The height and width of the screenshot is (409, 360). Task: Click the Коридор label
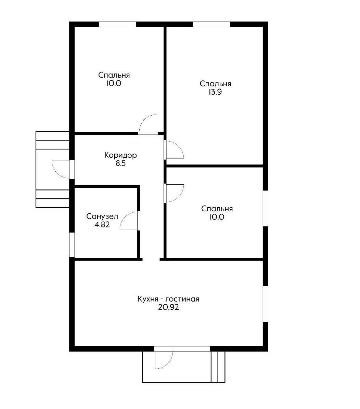pos(120,155)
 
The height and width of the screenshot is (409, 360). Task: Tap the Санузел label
pos(102,216)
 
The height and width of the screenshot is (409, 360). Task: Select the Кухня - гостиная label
pos(168,299)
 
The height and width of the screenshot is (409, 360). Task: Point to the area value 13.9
pos(215,92)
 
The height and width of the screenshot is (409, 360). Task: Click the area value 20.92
pos(168,307)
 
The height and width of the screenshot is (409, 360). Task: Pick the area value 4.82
pos(102,225)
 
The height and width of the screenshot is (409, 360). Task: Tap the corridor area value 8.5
pos(120,163)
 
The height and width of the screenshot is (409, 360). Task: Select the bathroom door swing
pos(130,221)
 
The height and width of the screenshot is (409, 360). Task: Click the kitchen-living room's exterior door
pos(164,358)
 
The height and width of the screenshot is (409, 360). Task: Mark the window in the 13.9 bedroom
pos(211,24)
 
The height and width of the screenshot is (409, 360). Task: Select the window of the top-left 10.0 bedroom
pos(117,24)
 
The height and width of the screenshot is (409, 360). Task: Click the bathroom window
pos(72,245)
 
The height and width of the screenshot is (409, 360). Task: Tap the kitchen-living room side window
pos(265,304)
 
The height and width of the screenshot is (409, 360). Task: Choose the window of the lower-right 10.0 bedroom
pos(265,208)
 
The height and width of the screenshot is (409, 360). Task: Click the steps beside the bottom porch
pos(218,367)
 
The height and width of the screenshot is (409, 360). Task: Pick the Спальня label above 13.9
pos(215,84)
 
